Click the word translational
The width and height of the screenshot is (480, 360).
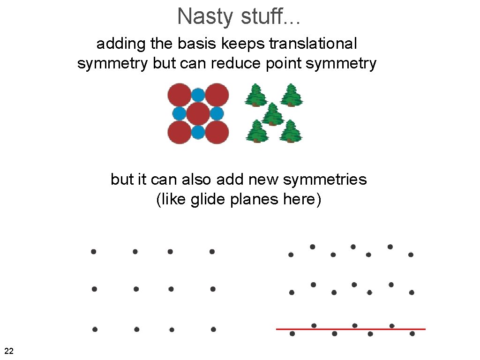313,44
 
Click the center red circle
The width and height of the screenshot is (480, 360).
198,113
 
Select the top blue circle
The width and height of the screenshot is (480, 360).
198,95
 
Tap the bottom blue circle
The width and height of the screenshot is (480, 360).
198,132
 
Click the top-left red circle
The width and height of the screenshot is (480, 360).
179,95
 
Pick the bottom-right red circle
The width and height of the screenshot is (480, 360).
217,132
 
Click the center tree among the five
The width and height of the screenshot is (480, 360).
273,114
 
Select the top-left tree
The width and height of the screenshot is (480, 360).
256,95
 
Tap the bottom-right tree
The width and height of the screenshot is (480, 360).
291,131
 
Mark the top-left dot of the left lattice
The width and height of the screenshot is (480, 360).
94,252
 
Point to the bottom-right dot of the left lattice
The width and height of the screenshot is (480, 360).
213,329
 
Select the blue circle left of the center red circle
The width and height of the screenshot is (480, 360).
180,113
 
